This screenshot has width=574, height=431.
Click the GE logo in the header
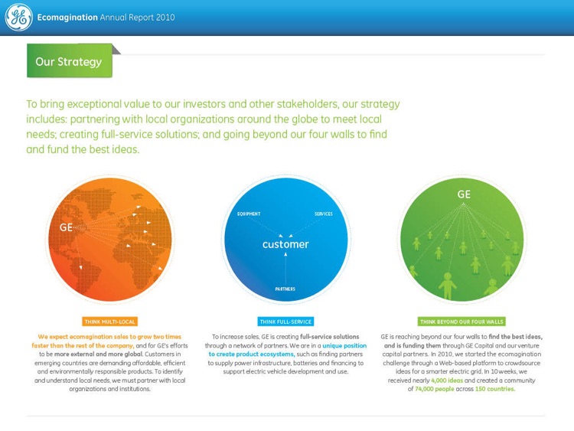click(x=18, y=18)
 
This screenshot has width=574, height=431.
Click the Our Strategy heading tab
click(x=69, y=61)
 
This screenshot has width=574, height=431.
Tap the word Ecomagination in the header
click(x=67, y=18)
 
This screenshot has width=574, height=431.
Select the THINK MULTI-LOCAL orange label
click(x=110, y=322)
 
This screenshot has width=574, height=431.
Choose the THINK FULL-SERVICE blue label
click(x=285, y=322)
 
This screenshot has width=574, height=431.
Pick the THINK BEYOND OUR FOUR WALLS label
click(x=461, y=322)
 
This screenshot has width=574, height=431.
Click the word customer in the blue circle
click(x=285, y=244)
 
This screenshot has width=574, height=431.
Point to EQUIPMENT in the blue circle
click(x=249, y=214)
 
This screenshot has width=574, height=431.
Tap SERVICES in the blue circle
click(x=323, y=214)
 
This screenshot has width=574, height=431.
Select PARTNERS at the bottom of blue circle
click(x=285, y=289)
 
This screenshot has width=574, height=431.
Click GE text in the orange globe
click(x=67, y=227)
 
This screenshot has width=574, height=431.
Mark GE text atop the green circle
click(x=464, y=194)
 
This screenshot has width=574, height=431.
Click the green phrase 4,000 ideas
click(x=448, y=380)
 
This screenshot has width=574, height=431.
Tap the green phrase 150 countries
click(x=494, y=389)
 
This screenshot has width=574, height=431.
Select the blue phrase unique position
click(x=344, y=345)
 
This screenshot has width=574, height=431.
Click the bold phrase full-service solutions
click(x=329, y=337)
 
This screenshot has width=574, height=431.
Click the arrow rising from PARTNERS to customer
click(x=285, y=268)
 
